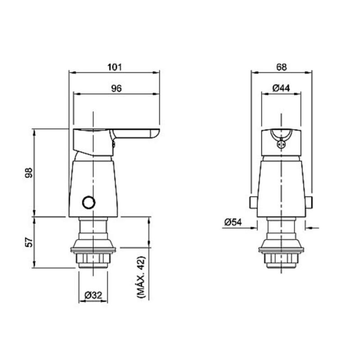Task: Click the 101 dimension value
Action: pos(115,67)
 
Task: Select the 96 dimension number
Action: pos(117,89)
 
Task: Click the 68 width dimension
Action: pos(281,67)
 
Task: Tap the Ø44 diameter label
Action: pos(281,89)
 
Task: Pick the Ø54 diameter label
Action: pos(233,222)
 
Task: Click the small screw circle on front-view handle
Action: pos(282,145)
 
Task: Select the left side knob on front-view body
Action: pos(253,202)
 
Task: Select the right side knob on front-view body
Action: pos(310,202)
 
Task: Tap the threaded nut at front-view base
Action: pos(281,259)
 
